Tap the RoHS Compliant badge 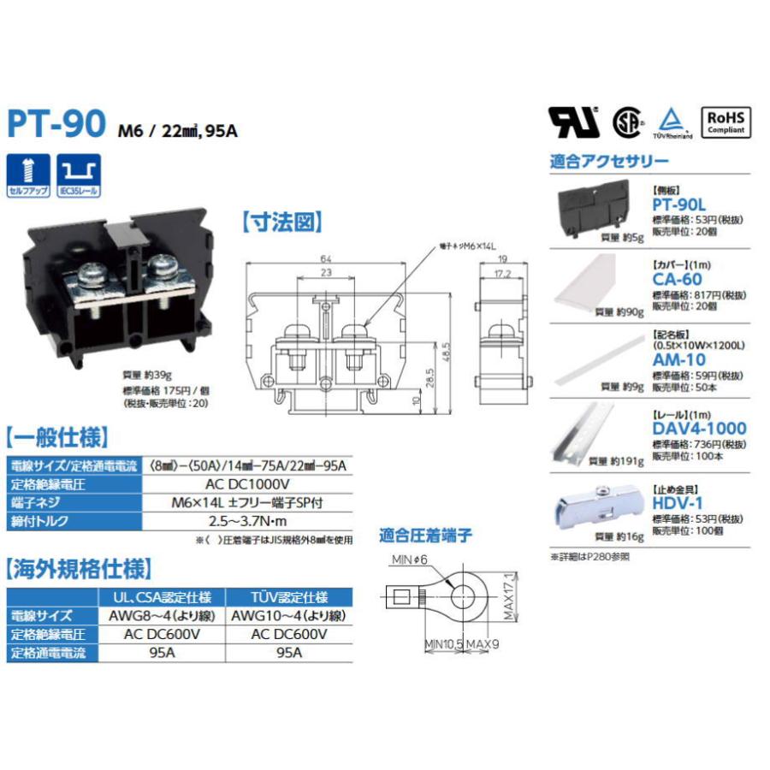726,121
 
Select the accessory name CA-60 678,279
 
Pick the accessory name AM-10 678,359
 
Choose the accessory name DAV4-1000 699,428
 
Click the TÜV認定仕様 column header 290,596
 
